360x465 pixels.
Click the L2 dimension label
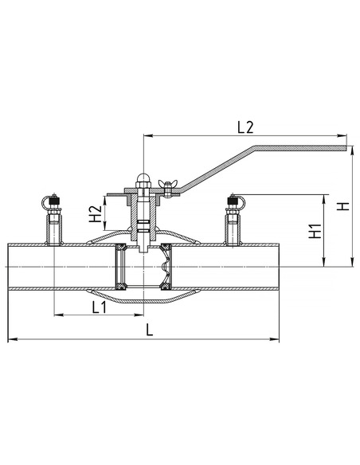pos(245,127)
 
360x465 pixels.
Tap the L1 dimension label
pos(99,307)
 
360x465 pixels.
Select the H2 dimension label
pos(96,214)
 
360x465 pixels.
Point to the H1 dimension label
pos(315,231)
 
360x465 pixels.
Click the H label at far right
pos(343,205)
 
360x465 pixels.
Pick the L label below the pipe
pos(150,330)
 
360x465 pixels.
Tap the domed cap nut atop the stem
pos(143,180)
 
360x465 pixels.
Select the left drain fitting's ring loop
pos(45,202)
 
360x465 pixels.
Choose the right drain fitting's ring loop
pos(241,201)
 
